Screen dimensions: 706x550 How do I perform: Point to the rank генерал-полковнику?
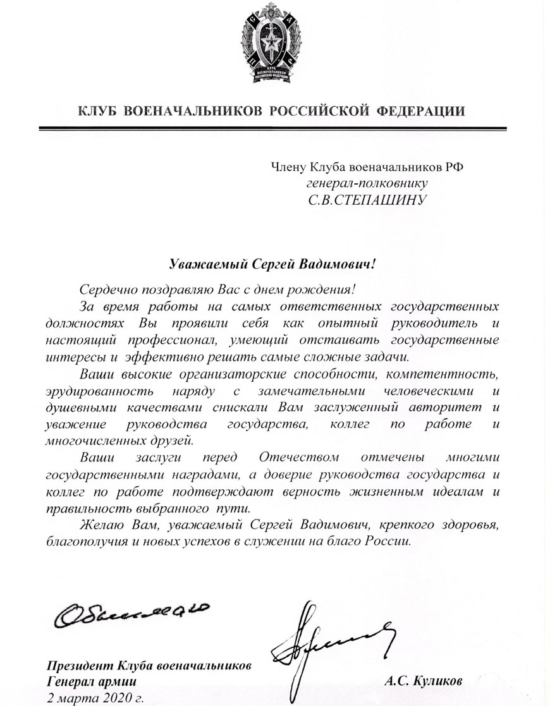click(x=368, y=183)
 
